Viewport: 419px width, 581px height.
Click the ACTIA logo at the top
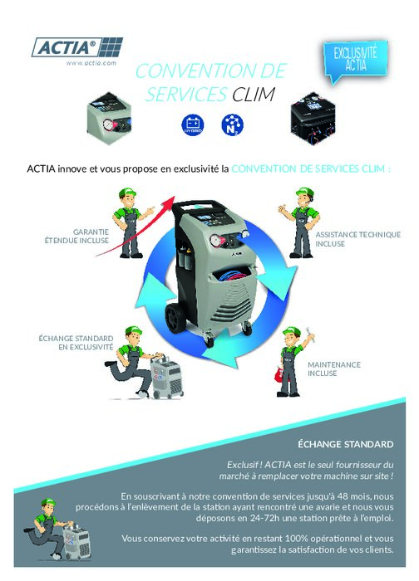[x=77, y=47]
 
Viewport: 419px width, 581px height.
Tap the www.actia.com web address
[x=91, y=63]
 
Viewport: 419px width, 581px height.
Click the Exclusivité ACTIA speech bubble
[x=355, y=61]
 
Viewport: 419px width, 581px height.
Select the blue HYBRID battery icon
[x=193, y=124]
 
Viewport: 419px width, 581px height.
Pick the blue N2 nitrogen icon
[x=232, y=124]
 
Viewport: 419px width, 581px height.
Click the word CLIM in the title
[x=254, y=95]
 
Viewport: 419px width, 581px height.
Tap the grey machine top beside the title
[x=109, y=118]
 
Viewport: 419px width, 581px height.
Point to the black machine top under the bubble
[x=313, y=119]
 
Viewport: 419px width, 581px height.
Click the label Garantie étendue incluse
[x=76, y=236]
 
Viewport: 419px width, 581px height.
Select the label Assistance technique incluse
[x=357, y=239]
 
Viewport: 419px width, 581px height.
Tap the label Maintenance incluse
[x=334, y=369]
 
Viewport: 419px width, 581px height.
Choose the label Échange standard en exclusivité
[x=76, y=342]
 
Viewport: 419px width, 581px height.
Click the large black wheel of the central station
[x=176, y=318]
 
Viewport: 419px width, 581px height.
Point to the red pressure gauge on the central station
[x=216, y=241]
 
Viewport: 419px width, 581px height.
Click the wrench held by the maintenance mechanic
[x=310, y=334]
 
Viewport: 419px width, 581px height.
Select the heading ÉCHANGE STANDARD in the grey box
[x=346, y=444]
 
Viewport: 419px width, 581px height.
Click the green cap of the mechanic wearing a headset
[x=305, y=193]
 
